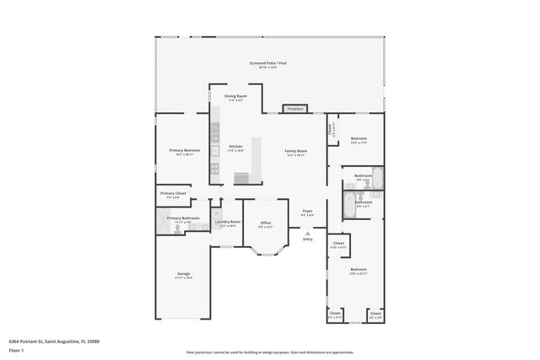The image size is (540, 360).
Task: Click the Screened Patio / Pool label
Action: [269, 64]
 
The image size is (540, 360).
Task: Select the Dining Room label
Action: [235, 98]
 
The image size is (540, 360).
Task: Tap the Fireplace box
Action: [294, 109]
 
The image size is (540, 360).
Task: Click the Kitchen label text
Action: [235, 148]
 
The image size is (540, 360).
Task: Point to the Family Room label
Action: [295, 153]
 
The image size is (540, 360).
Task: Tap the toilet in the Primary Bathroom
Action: [177, 228]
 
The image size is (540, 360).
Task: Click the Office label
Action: [265, 224]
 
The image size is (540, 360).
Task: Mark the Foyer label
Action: [307, 212]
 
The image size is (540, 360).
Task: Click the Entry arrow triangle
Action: [307, 233]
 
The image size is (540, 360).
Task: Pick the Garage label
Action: [183, 275]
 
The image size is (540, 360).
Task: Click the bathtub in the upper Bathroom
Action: [377, 178]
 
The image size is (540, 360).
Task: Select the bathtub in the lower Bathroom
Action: [349, 205]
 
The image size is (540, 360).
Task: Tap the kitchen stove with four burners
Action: [214, 168]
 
